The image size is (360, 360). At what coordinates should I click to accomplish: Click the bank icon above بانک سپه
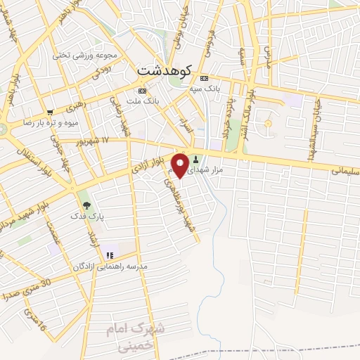point(205,78)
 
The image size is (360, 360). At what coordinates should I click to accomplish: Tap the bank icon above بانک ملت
point(143,91)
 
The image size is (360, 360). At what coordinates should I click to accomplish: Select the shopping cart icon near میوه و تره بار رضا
point(49,112)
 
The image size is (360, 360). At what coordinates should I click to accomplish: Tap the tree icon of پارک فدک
point(86,205)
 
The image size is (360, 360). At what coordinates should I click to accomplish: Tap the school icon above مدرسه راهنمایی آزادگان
point(109,255)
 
